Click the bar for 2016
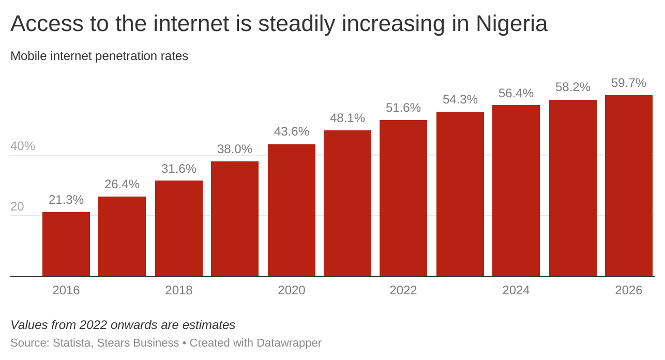pos(66,244)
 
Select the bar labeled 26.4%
pos(122,236)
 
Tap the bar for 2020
pos(292,211)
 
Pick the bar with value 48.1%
pos(347,203)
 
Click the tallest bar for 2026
pos(629,186)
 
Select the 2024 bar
pos(516,191)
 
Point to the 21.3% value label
pos(66,200)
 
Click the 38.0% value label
pos(235,149)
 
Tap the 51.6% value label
pos(403,108)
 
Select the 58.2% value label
pos(573,87)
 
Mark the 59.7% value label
pos(629,83)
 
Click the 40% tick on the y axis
pos(23,146)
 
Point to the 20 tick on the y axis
pos(17,206)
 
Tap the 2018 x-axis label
pos(179,290)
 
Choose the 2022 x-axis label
pos(403,290)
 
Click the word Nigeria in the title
pos(511,24)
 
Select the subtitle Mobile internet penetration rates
pos(99,56)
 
